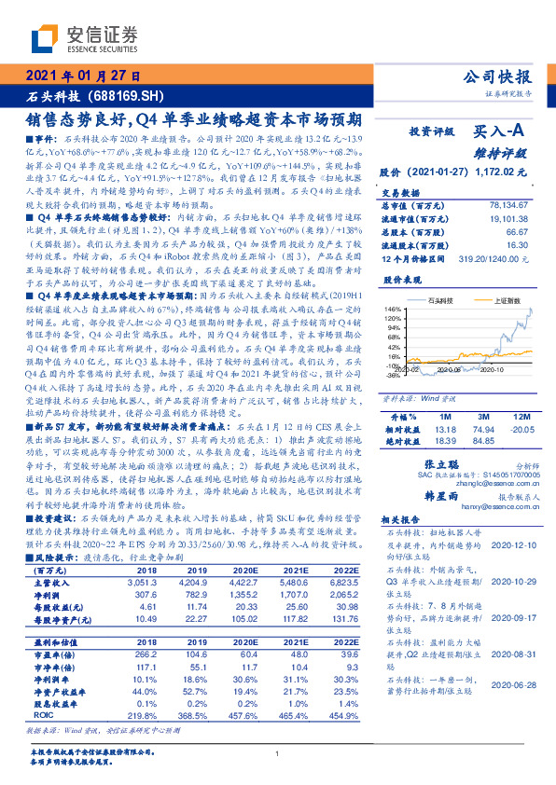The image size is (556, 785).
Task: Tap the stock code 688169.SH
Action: (125, 95)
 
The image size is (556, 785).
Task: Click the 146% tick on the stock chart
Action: (391, 308)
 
